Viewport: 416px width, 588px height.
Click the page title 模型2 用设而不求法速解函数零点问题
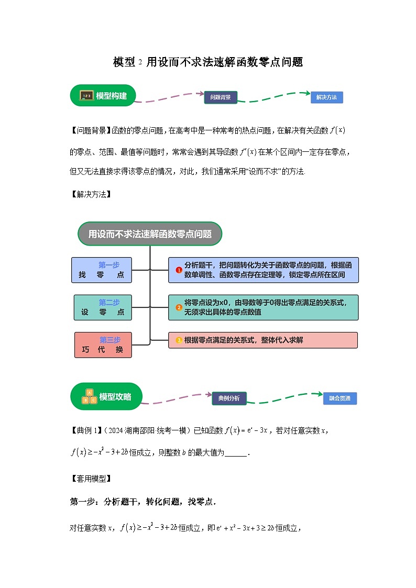coord(208,62)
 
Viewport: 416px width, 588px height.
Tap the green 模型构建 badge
coord(103,96)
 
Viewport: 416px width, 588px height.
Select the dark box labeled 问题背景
coord(221,97)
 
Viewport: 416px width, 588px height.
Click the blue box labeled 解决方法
coord(326,97)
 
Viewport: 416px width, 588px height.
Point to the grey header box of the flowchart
coord(150,234)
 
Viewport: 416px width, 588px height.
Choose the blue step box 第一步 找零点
coord(102,270)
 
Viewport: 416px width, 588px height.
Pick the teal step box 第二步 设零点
coord(103,307)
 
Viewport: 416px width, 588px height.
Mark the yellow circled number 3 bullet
coord(179,340)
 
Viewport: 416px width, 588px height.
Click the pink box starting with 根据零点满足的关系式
coord(263,340)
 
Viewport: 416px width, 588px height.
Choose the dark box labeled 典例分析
coord(229,398)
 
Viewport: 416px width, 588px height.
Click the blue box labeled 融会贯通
coord(340,398)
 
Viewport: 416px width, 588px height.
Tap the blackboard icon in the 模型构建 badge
coord(86,96)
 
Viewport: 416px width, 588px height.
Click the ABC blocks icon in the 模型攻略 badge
coord(89,397)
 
